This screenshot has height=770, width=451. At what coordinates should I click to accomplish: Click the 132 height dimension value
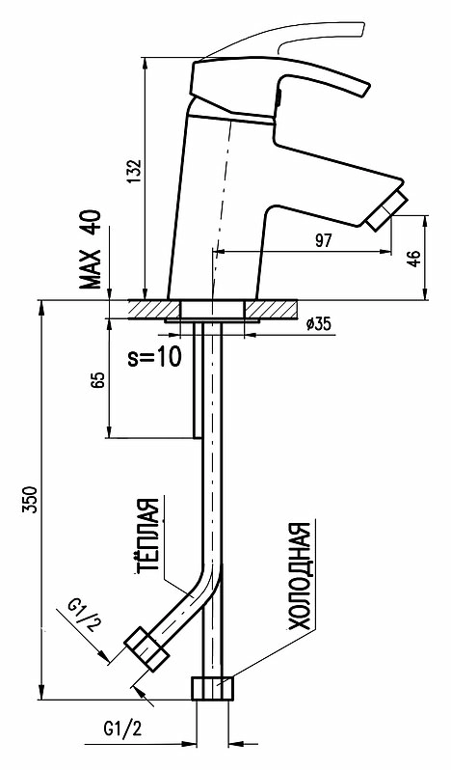point(136,172)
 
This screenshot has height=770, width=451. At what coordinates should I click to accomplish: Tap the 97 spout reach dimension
point(324,240)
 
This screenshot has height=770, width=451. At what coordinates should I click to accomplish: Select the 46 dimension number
point(414,259)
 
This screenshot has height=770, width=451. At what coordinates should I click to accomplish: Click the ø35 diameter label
point(318,323)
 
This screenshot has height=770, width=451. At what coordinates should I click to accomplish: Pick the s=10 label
point(154,358)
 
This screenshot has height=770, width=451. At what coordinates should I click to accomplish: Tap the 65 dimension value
point(97,380)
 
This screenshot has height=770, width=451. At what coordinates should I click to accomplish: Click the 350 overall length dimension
point(31,500)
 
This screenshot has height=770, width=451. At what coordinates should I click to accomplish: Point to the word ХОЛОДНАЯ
point(299,576)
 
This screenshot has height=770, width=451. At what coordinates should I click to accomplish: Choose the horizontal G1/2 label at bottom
point(122,729)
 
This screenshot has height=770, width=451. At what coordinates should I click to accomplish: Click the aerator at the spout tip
point(388,210)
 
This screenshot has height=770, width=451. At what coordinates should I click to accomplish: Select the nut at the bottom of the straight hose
point(212,688)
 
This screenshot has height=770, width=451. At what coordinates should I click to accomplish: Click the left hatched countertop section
point(154,310)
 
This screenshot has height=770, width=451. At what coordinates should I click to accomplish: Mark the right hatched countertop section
point(271,310)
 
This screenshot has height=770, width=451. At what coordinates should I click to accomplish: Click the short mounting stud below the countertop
point(198,380)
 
